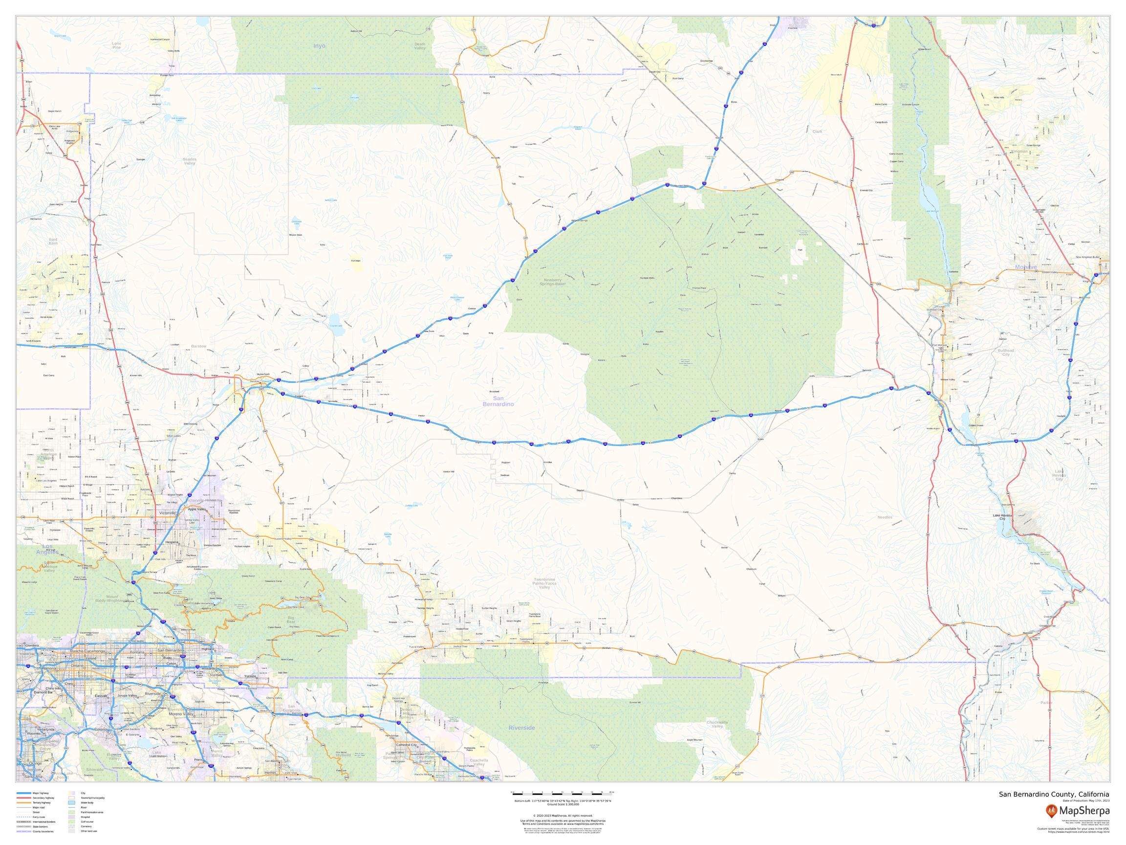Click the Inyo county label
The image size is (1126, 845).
(319, 46)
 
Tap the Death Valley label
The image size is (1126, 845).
(419, 46)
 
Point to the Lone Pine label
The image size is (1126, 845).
(117, 46)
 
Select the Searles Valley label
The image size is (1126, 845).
(189, 161)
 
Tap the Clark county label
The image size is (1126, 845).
(818, 132)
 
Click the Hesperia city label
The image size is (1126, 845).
(172, 542)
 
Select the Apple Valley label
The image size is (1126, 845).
(197, 510)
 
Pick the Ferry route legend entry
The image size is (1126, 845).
(39, 817)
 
